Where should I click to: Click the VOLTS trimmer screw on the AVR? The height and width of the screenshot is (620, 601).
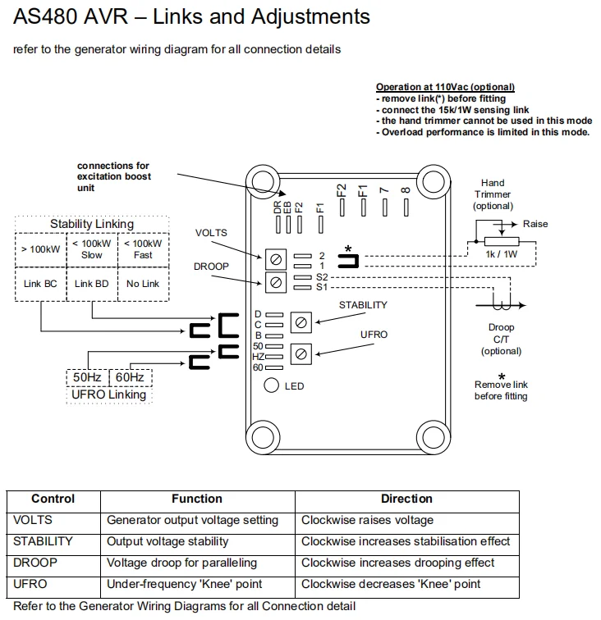277,261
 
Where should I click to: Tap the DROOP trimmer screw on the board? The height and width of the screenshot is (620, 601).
277,283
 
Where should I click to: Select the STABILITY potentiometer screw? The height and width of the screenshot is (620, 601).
301,322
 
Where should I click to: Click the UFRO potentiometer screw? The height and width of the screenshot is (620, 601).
301,354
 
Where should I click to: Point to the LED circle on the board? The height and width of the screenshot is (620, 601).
272,385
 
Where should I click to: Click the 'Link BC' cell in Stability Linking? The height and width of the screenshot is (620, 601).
40,283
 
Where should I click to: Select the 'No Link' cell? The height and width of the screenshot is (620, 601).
143,283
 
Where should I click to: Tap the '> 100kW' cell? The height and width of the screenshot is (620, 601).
40,248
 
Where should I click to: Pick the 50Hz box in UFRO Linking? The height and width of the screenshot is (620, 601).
87,377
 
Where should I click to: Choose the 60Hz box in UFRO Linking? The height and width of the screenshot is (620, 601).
130,377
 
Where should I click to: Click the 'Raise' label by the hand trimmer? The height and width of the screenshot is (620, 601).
535,224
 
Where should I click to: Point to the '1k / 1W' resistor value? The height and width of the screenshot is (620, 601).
502,255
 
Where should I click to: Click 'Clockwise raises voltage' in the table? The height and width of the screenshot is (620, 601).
367,520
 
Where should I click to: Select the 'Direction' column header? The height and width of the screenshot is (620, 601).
406,499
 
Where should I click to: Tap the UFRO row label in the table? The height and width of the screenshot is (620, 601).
30,584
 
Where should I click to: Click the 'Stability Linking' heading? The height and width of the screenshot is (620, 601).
91,224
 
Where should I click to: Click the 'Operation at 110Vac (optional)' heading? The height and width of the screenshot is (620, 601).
445,87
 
